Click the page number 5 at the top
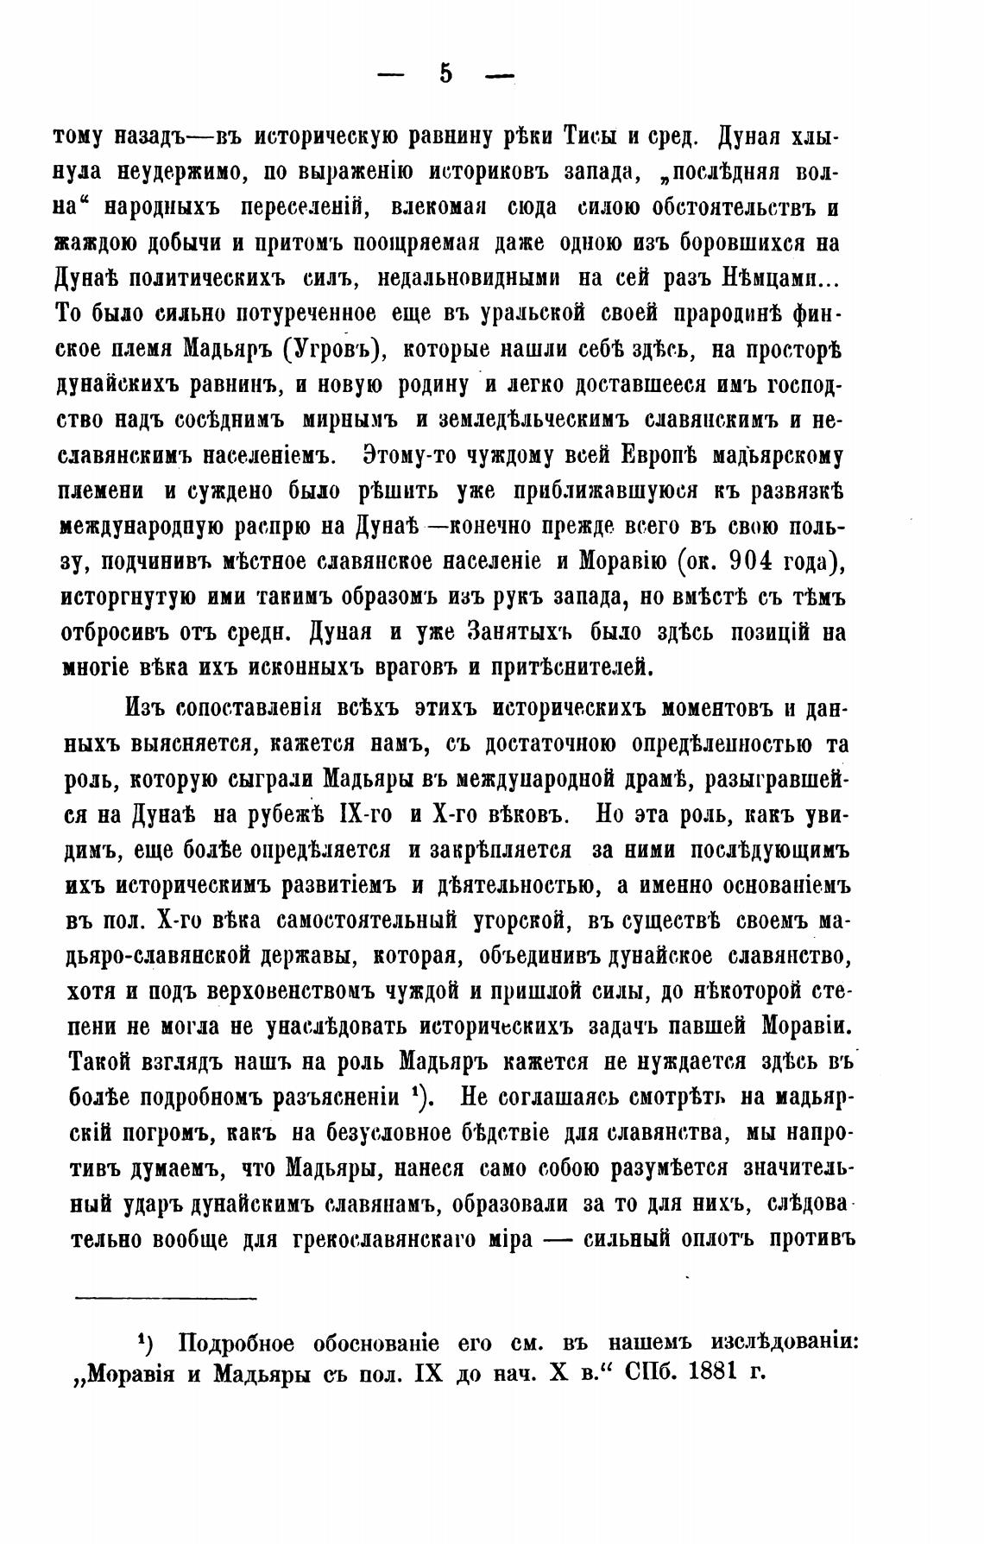click(445, 75)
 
